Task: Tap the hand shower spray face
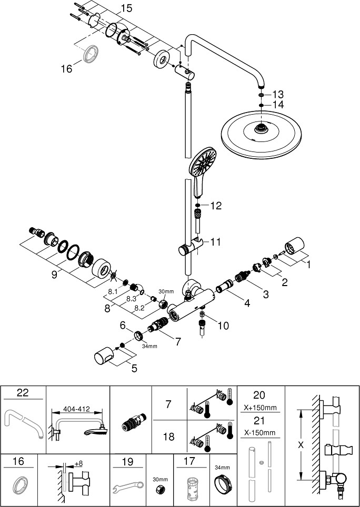203,161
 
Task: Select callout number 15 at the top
126,8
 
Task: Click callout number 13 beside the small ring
278,95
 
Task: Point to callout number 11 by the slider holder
215,241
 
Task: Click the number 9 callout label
54,275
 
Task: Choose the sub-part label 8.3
131,299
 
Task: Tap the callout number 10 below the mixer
223,326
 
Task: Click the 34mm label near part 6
149,346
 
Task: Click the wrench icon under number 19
128,486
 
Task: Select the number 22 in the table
23,392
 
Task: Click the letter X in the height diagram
301,445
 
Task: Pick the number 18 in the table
169,437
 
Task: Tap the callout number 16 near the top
67,68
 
